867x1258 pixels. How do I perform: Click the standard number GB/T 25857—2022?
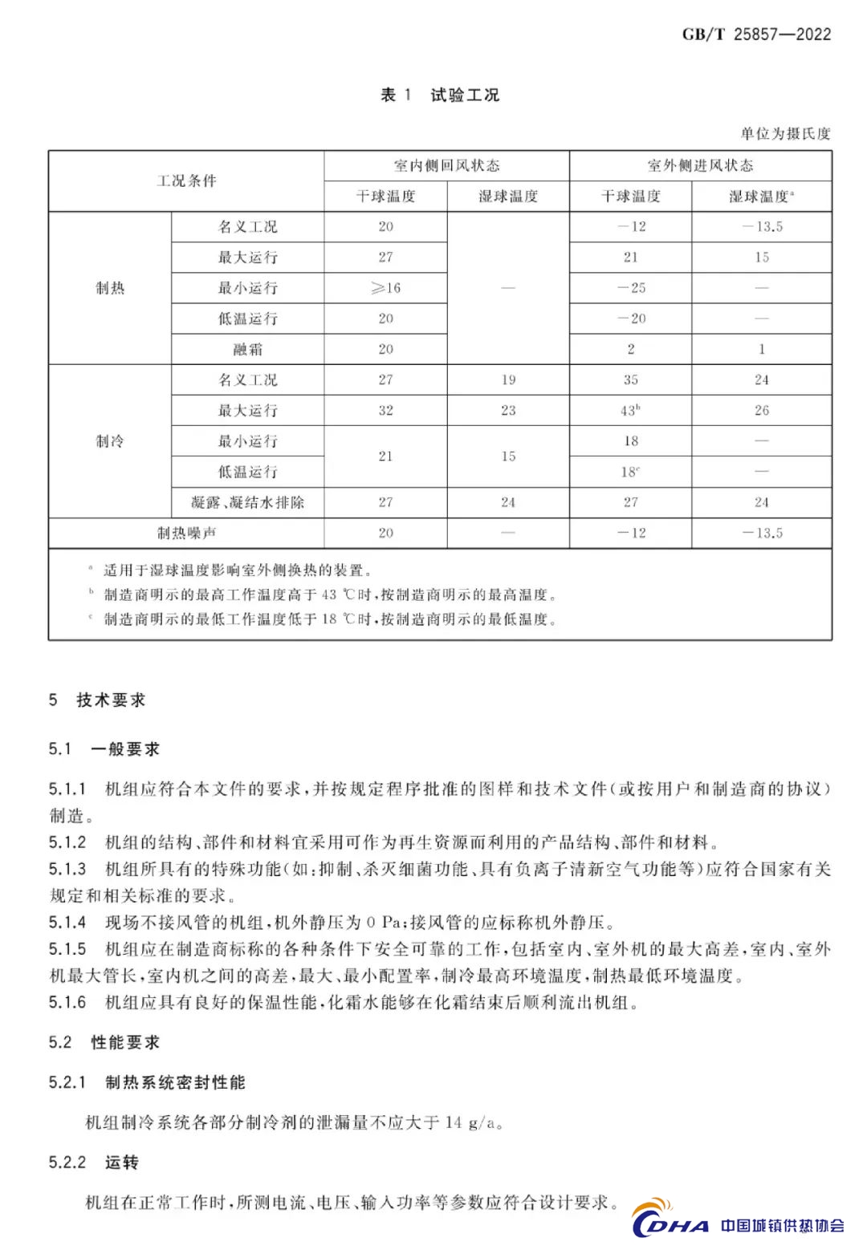pos(756,34)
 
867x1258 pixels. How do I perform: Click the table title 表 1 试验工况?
pos(440,95)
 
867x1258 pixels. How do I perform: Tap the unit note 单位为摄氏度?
pos(785,133)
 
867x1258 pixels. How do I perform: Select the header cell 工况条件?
pos(186,181)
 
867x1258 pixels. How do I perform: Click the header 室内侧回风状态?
pos(446,165)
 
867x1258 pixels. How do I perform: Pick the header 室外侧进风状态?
pos(700,165)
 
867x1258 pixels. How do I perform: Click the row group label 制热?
pos(110,288)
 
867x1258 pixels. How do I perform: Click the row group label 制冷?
pos(110,441)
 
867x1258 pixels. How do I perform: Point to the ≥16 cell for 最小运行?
pos(385,288)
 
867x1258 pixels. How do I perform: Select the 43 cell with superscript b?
pos(630,410)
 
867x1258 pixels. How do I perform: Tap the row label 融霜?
pos(247,349)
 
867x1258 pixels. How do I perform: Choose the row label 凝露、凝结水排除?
pos(247,502)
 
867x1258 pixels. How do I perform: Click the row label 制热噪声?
pos(186,533)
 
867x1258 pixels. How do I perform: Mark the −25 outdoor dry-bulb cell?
pos(631,288)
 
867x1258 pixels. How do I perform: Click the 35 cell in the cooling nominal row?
pos(631,379)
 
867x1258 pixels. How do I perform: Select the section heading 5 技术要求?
pos(97,700)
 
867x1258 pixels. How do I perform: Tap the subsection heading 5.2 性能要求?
pos(104,1042)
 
